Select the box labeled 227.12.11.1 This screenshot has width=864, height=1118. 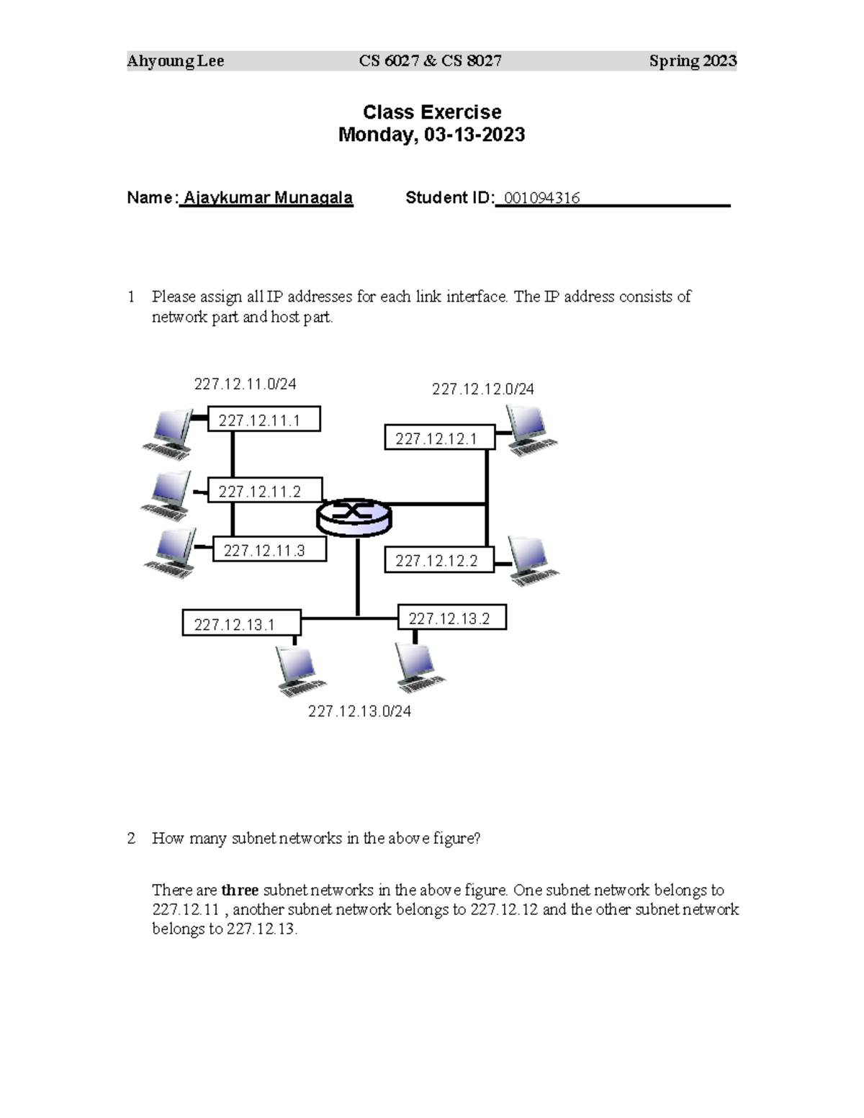pyautogui.click(x=264, y=420)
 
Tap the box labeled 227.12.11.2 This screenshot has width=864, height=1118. pyautogui.click(x=264, y=491)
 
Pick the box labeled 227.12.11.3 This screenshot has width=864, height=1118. pyautogui.click(x=269, y=551)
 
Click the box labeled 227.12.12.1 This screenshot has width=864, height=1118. pyautogui.click(x=439, y=438)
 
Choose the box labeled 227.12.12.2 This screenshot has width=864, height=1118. pyautogui.click(x=439, y=561)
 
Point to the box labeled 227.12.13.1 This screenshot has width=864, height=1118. pyautogui.click(x=241, y=624)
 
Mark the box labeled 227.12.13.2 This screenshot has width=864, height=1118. pyautogui.click(x=452, y=618)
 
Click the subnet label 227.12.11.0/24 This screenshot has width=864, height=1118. pyautogui.click(x=245, y=384)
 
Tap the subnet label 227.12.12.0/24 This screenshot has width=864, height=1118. pyautogui.click(x=482, y=389)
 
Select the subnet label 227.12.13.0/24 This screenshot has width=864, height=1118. pyautogui.click(x=359, y=711)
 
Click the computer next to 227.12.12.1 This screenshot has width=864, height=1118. pyautogui.click(x=531, y=430)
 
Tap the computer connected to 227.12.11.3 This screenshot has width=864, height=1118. pyautogui.click(x=171, y=553)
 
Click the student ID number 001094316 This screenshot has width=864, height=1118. pyautogui.click(x=541, y=198)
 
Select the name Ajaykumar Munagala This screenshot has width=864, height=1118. pyautogui.click(x=268, y=198)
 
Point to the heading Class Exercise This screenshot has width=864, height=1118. pyautogui.click(x=432, y=112)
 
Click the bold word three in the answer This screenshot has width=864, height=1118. pyautogui.click(x=240, y=890)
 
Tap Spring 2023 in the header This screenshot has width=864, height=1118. pyautogui.click(x=692, y=61)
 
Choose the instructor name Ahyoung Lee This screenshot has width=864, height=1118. pyautogui.click(x=176, y=61)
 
